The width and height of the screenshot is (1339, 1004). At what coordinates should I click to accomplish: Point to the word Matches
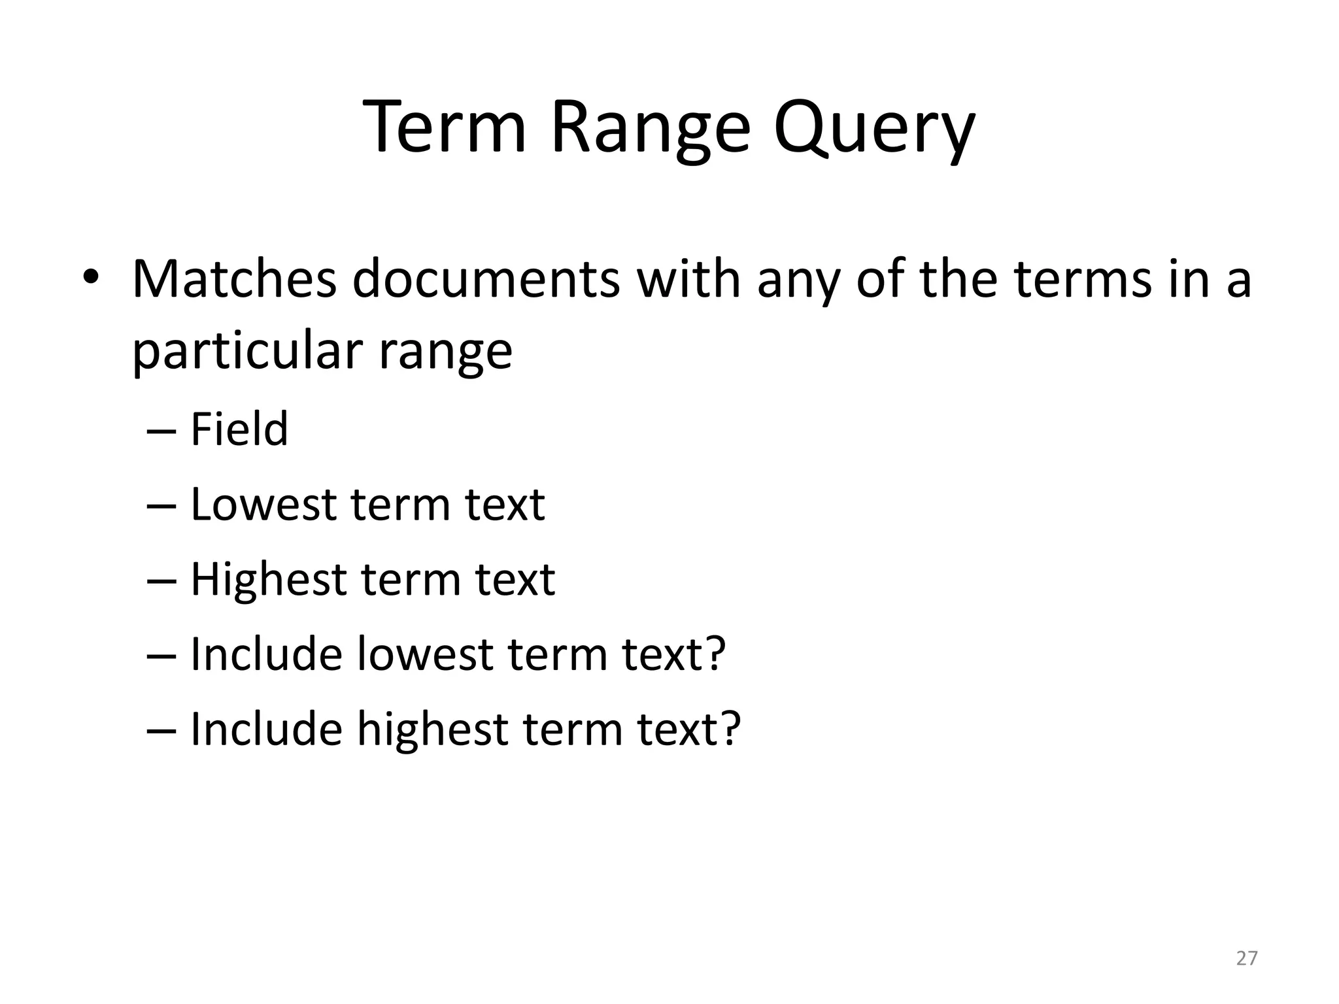point(234,279)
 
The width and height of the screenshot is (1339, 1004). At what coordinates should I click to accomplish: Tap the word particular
point(248,352)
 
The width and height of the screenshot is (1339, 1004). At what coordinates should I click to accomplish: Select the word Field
point(239,429)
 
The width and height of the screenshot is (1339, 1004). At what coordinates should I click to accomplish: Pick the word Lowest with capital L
point(263,505)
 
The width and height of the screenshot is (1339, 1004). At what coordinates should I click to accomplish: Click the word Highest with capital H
point(268,580)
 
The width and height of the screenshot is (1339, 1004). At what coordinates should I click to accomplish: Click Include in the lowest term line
point(266,654)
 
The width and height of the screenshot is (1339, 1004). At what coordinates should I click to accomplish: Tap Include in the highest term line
point(266,729)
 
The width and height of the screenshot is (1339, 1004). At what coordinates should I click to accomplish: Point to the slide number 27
point(1246,958)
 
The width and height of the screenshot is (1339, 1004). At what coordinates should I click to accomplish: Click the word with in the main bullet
point(689,279)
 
